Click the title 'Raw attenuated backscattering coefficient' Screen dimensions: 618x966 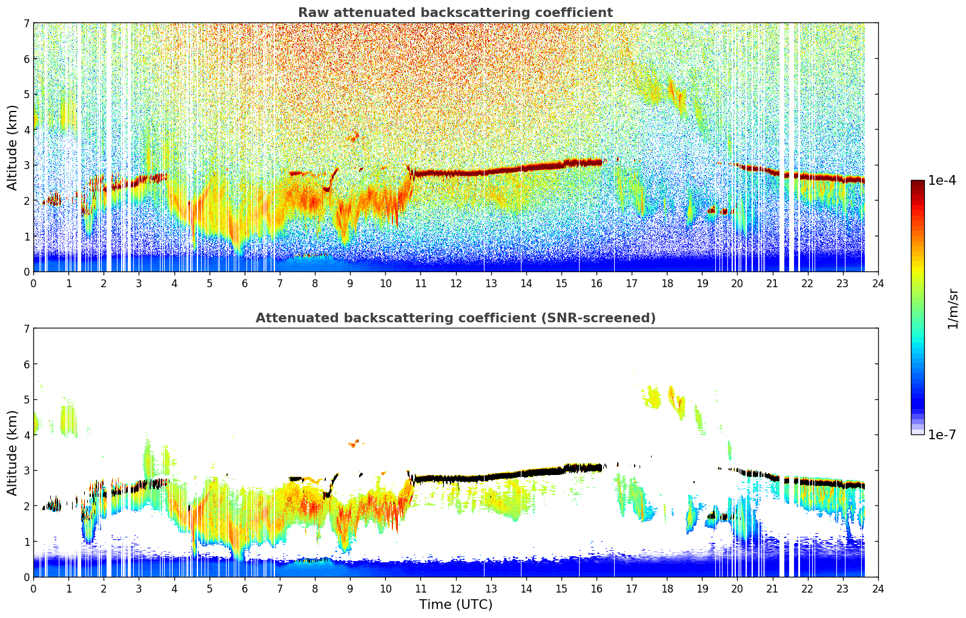(x=455, y=13)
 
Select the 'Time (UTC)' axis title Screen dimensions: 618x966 (x=455, y=605)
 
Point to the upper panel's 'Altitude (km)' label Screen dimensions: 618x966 (x=12, y=147)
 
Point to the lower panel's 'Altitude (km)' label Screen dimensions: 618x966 (x=12, y=453)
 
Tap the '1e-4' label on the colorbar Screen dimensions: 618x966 (x=942, y=181)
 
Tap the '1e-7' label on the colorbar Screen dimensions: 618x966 (x=942, y=434)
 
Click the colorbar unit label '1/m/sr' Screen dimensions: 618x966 (x=952, y=308)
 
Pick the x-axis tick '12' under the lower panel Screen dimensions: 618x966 (x=455, y=589)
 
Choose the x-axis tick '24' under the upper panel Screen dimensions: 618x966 (x=878, y=284)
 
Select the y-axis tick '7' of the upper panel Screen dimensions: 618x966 (x=26, y=23)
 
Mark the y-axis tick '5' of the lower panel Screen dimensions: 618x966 (x=26, y=399)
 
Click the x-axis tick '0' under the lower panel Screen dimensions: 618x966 (x=33, y=589)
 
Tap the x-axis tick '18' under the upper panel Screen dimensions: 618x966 (x=667, y=284)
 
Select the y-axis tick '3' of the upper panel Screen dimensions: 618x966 (x=26, y=165)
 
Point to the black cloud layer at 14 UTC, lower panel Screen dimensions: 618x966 (x=526, y=473)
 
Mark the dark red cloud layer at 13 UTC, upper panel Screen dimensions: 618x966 (x=491, y=171)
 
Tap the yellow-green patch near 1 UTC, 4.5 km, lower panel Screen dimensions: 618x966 (x=67, y=419)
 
